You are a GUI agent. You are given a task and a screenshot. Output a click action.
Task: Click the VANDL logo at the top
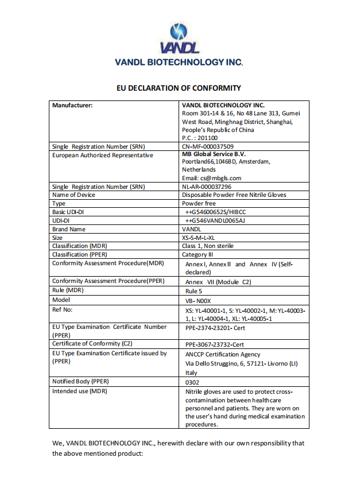[179, 38]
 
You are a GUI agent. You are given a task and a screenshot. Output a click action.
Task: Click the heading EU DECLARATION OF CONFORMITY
[179, 88]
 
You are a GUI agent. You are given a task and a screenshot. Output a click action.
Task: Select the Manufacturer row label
[72, 106]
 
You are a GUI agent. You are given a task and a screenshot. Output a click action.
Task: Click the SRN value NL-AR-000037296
[207, 187]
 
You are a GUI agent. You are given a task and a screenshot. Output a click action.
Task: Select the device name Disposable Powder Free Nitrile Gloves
[234, 195]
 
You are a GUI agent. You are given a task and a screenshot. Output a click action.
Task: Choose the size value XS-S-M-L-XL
[198, 238]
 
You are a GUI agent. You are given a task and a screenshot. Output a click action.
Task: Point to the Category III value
[199, 254]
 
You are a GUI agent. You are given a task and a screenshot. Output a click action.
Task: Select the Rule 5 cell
[193, 291]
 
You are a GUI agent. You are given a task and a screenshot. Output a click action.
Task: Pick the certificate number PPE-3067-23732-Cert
[215, 344]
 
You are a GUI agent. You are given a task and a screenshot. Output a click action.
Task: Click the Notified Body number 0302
[192, 382]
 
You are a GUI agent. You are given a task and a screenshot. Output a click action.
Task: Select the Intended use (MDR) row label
[80, 391]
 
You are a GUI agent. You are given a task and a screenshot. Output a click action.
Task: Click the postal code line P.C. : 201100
[200, 138]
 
